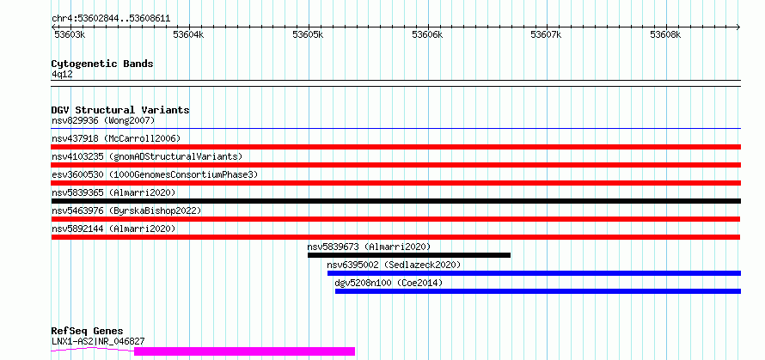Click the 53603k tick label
[x=70, y=34]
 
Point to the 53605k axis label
[x=308, y=34]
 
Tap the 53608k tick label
[x=665, y=34]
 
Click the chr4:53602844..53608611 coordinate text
[x=111, y=19]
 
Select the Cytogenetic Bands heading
[x=102, y=64]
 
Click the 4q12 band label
[x=62, y=74]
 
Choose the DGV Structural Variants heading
[x=120, y=110]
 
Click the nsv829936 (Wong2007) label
[x=103, y=120]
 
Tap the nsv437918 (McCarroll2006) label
[x=116, y=138]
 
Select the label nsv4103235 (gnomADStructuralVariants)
[x=147, y=156]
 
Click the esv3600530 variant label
[x=77, y=174]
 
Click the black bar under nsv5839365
[x=396, y=201]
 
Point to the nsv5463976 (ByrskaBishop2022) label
[x=126, y=211]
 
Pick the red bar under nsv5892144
[x=395, y=237]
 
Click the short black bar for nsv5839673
[x=409, y=255]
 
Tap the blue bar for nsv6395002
[x=535, y=273]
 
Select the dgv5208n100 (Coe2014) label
[x=389, y=283]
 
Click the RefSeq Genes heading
[x=88, y=332]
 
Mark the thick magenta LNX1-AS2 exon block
[x=244, y=351]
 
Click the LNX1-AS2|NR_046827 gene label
[x=98, y=341]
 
